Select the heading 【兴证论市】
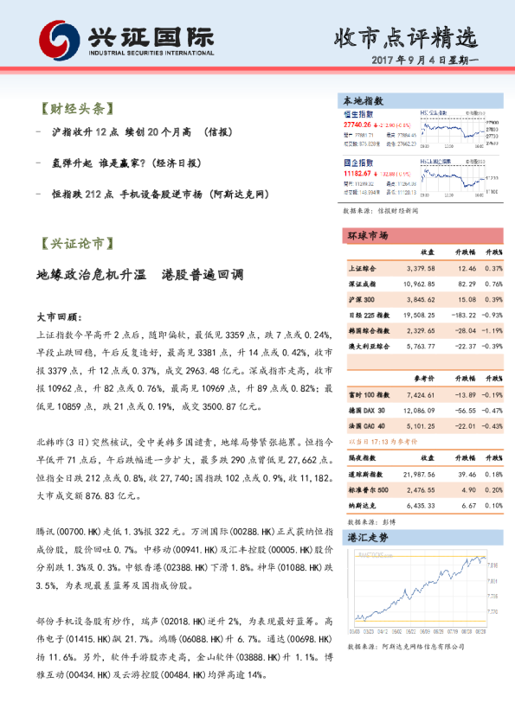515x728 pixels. point(76,245)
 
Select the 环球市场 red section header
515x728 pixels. point(369,235)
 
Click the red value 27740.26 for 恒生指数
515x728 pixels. point(357,125)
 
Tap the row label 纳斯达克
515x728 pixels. point(364,505)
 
